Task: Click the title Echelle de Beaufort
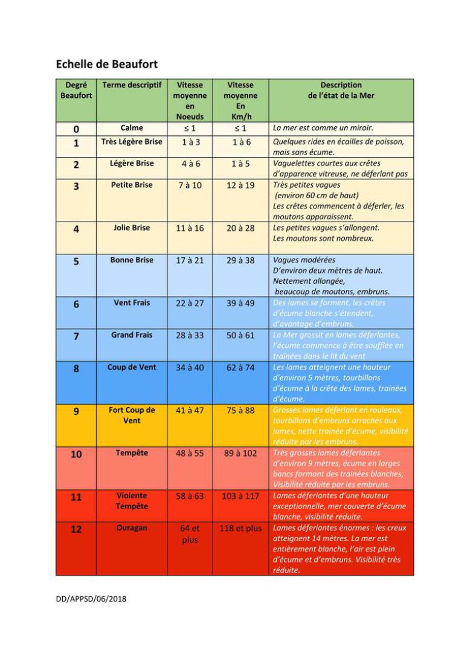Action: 107,63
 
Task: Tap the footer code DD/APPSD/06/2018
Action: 92,599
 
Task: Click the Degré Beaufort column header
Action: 76,90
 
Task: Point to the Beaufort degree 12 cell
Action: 76,530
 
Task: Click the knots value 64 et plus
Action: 190,534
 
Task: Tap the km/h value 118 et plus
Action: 240,528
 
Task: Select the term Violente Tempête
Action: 132,501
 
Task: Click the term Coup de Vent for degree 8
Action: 132,367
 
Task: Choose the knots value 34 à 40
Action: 190,367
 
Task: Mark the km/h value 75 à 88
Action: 240,410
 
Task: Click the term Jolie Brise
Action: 132,228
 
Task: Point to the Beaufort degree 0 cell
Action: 76,129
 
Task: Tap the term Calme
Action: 132,128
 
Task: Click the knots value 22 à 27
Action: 190,303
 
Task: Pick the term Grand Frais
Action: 132,335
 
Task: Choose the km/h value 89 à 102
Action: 240,453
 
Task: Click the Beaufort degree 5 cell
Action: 76,262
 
